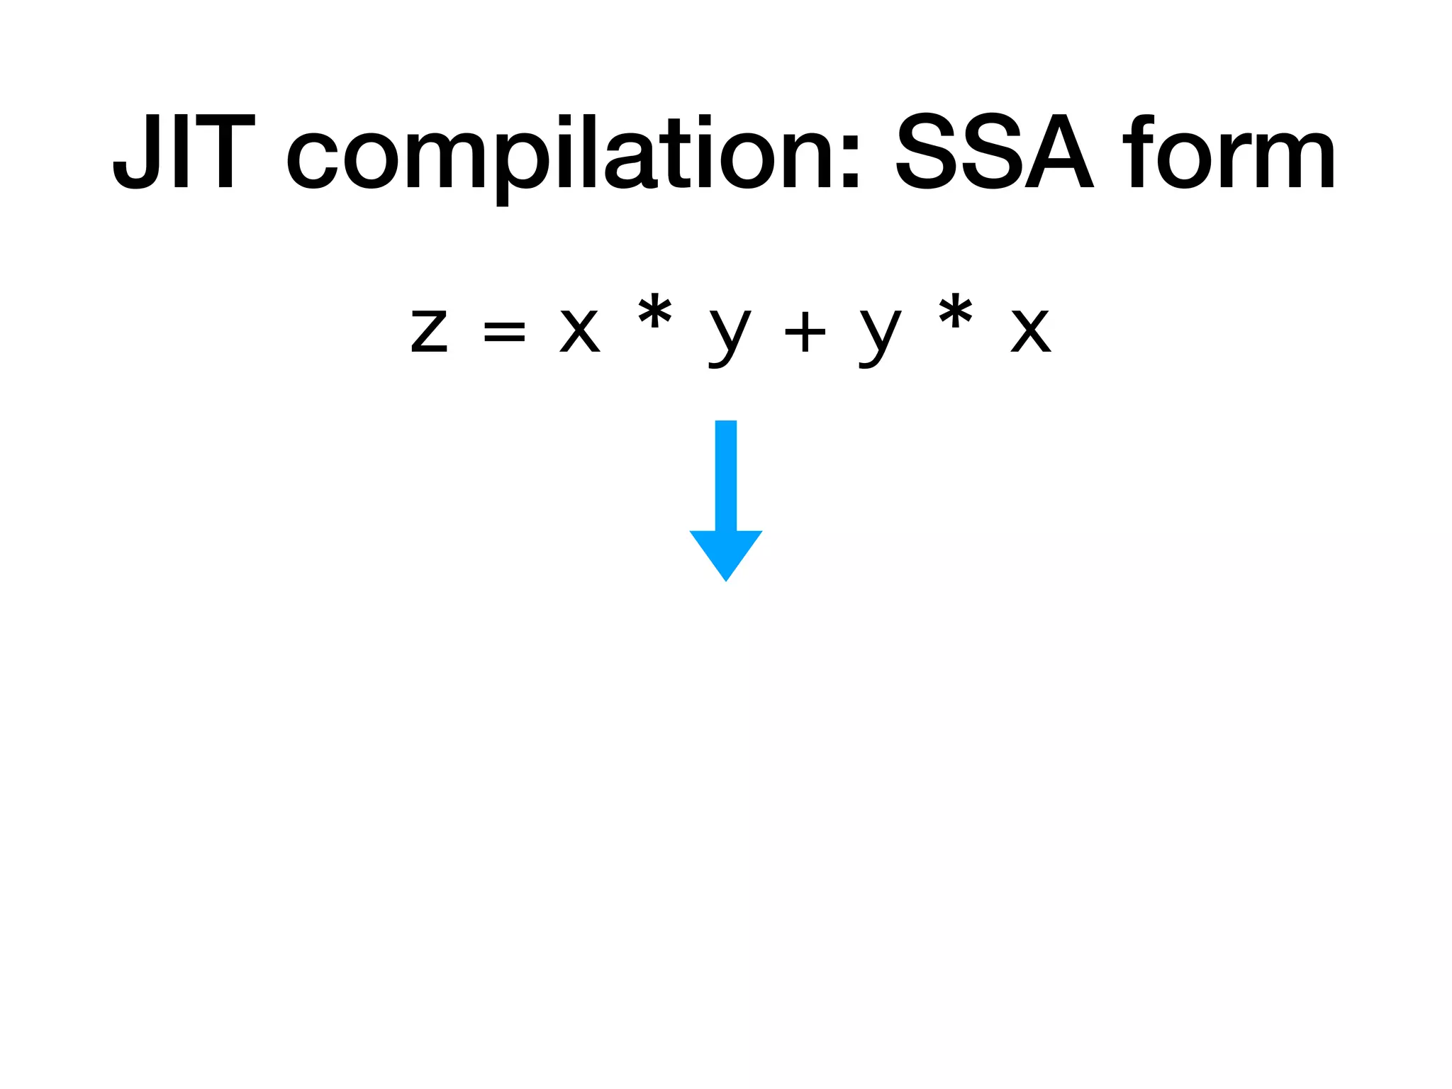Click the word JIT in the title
184,153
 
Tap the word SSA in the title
993,153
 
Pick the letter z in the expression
430,332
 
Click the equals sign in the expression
504,332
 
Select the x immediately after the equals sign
580,332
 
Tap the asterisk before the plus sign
654,313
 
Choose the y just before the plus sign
730,337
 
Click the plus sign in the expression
805,332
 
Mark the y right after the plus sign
880,337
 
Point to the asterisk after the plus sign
955,313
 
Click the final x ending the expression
1031,332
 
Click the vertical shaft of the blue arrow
726,475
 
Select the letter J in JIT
136,153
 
